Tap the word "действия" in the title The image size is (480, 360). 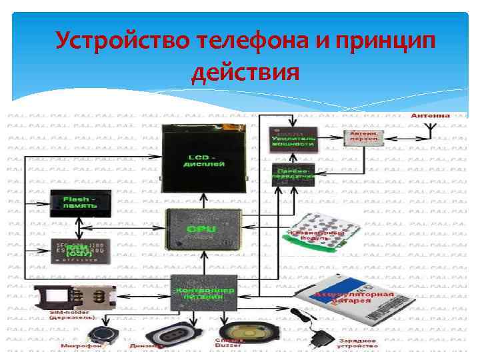click(x=245, y=71)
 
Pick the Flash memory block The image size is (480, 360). click(x=80, y=202)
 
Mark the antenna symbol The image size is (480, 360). click(x=429, y=130)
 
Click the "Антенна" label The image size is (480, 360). click(x=430, y=115)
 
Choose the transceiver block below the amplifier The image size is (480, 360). click(x=294, y=174)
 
